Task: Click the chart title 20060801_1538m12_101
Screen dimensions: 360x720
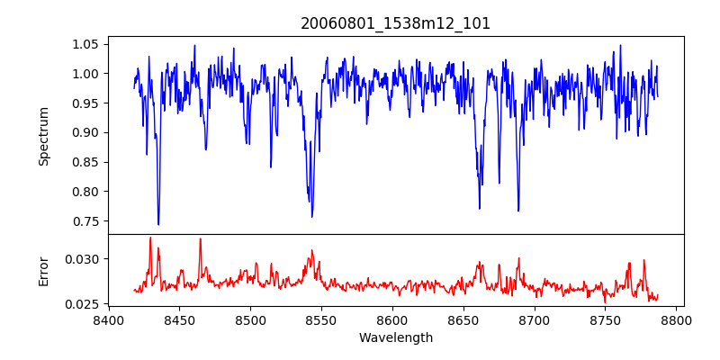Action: [396, 23]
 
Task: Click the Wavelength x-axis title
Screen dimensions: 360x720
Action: [396, 338]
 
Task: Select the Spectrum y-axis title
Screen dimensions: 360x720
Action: [43, 135]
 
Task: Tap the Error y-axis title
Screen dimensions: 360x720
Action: [43, 271]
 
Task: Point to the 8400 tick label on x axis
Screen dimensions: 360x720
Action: [108, 320]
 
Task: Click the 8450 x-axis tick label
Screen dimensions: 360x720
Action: [179, 320]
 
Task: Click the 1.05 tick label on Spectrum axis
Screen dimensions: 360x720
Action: [85, 44]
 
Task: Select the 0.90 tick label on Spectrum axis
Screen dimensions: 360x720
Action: [85, 132]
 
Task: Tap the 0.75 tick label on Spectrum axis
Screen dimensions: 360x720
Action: [85, 221]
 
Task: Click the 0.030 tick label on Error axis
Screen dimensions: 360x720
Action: [82, 259]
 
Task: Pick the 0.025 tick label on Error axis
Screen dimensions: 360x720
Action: [82, 304]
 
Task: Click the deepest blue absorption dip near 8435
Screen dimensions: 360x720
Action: [158, 223]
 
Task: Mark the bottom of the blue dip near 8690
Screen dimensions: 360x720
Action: [518, 210]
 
